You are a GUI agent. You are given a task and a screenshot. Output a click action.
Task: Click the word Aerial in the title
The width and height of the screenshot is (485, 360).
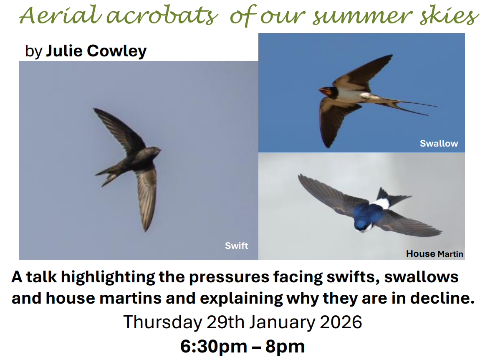pos(61,15)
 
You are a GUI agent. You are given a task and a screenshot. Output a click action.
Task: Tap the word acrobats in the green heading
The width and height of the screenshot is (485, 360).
pos(163,15)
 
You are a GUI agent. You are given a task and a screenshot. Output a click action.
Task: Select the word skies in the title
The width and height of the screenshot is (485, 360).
pos(449,15)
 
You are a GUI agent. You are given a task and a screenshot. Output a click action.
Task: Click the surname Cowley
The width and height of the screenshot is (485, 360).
pos(116,51)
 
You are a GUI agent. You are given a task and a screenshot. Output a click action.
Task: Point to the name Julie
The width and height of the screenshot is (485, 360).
pos(64,51)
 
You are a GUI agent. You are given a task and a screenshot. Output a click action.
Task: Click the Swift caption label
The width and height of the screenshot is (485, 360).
pos(236,246)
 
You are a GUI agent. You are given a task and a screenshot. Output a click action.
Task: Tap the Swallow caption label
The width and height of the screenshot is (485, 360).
pos(439,143)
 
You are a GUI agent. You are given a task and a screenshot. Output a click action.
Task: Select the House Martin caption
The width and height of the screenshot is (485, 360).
pos(434,254)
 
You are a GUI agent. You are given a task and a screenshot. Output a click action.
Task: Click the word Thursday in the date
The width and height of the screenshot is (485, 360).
pos(163,322)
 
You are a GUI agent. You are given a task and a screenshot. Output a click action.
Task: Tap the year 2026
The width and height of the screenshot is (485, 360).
pos(341,322)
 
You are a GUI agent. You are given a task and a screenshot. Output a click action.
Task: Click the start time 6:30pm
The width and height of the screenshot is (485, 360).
pos(213,346)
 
